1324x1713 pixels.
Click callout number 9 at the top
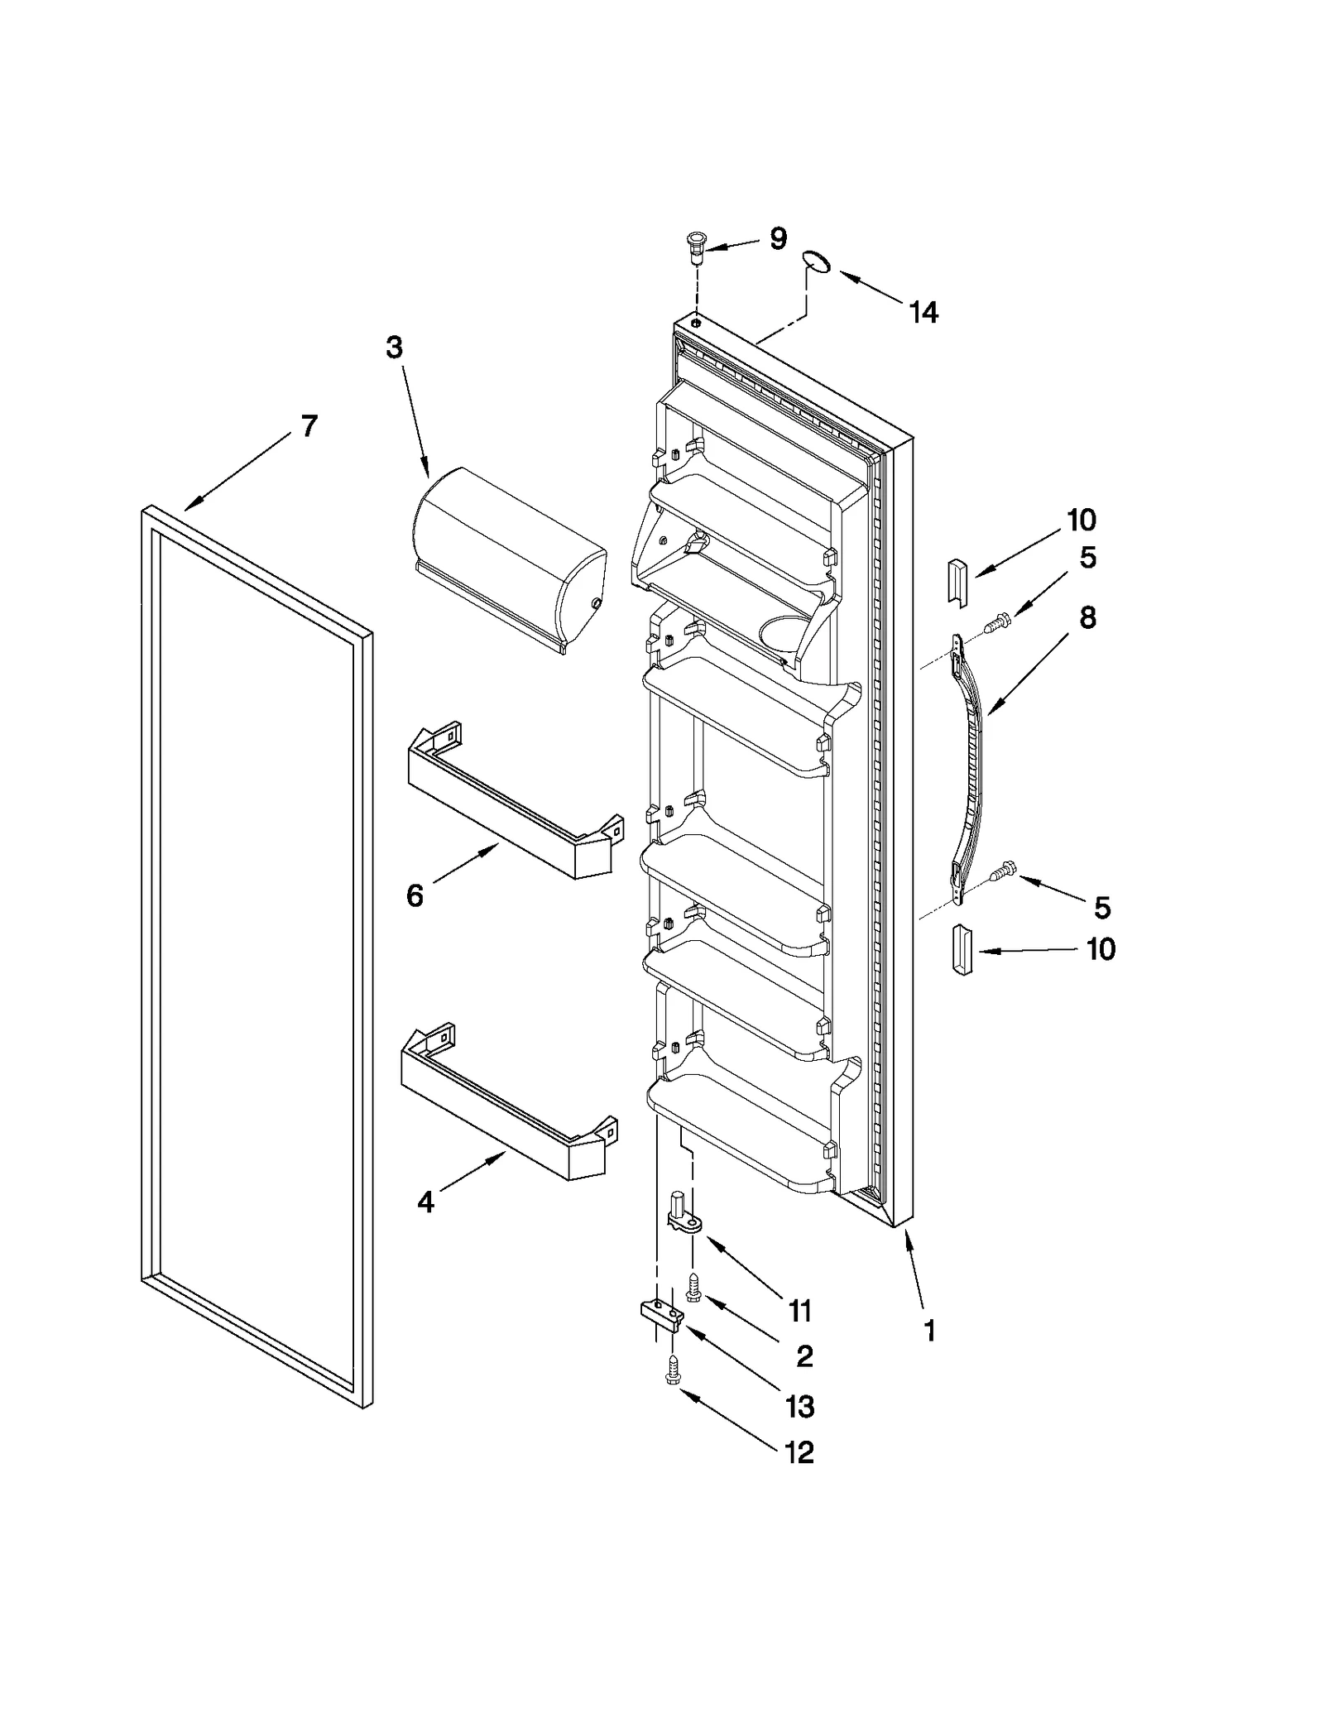tap(778, 238)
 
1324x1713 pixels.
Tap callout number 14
tap(923, 313)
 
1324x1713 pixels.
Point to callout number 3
tap(394, 348)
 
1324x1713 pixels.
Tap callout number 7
tap(309, 427)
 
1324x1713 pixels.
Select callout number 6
tap(415, 895)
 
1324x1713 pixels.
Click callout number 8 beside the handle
tap(1087, 617)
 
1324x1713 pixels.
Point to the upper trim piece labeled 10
tap(957, 581)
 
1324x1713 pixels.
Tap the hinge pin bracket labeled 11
tap(683, 1215)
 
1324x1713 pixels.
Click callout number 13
tap(800, 1406)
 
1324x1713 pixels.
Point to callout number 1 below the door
tap(929, 1332)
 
